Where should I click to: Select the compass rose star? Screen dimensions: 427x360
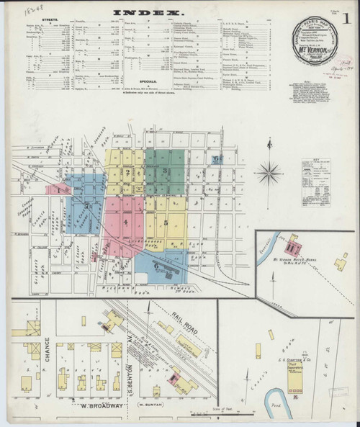(x=269, y=171)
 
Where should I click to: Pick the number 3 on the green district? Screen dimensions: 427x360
(x=166, y=170)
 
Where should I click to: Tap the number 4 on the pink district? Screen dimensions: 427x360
(x=126, y=223)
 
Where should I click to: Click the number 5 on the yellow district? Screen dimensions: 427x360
(x=166, y=223)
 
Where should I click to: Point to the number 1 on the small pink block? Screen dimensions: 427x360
(x=60, y=189)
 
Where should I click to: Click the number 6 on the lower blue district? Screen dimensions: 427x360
(x=156, y=265)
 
